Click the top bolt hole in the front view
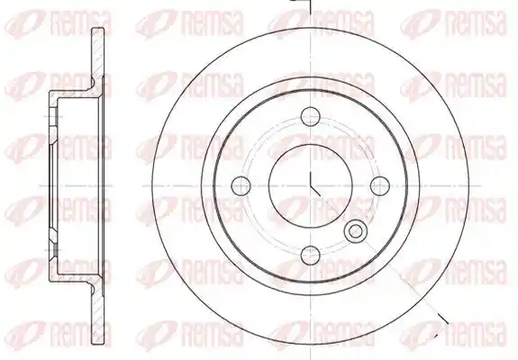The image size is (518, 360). (x=311, y=116)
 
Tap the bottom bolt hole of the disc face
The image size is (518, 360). (x=311, y=255)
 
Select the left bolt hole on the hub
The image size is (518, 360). (x=241, y=185)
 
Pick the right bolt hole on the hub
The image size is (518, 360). (x=380, y=185)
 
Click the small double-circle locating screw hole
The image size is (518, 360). (x=356, y=229)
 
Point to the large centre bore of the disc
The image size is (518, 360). (x=311, y=185)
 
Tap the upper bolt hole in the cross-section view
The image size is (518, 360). (x=53, y=116)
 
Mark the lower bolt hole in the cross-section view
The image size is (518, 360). (x=53, y=251)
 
